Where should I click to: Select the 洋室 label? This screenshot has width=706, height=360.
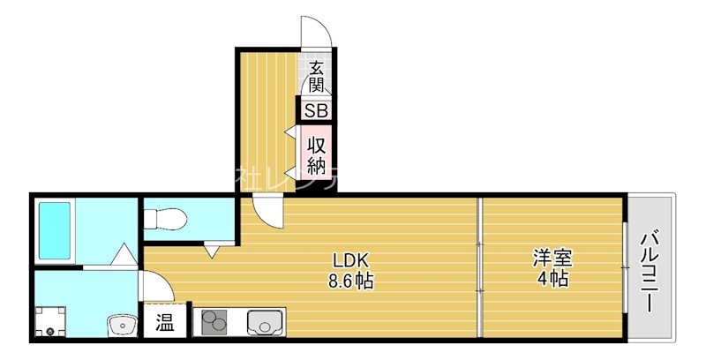[x=552, y=259]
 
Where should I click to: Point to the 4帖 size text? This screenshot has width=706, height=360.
[x=552, y=280]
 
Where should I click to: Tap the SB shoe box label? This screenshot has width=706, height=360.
[x=317, y=110]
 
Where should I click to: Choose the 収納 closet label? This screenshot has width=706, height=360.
[x=317, y=153]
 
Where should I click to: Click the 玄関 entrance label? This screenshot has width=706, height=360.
[x=317, y=76]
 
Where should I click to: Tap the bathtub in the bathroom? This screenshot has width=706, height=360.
[x=54, y=229]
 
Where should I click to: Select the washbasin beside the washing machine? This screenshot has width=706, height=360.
[x=119, y=326]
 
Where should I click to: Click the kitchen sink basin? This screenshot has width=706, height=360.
[x=264, y=323]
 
